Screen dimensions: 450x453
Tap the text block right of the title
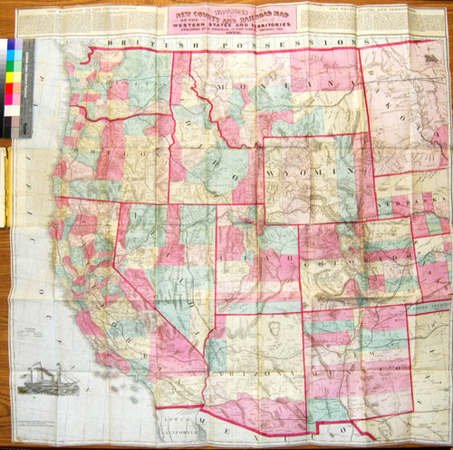[x=381, y=19]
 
